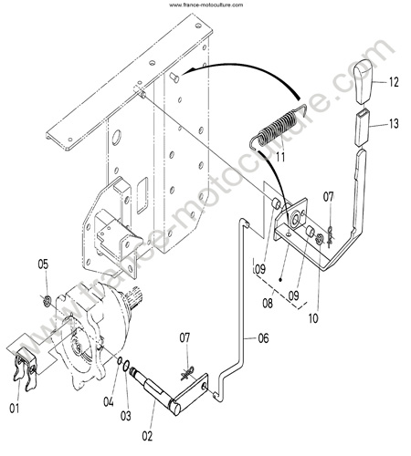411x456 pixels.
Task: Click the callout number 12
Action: [394, 82]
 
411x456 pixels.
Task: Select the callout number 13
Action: [394, 124]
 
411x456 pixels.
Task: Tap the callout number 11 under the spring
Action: [280, 157]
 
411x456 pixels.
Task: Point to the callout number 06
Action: [263, 338]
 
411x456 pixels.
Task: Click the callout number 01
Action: [14, 409]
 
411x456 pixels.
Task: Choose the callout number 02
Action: [147, 436]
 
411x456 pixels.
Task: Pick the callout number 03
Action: [125, 416]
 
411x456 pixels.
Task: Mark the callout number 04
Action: [109, 402]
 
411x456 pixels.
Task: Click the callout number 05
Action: [43, 264]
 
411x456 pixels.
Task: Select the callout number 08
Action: [268, 304]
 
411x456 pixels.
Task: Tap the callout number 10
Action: [313, 318]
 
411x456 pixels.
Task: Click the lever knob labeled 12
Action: [364, 81]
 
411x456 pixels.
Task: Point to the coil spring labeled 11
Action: [278, 127]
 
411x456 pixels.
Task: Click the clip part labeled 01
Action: [26, 368]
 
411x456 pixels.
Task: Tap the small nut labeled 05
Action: [47, 301]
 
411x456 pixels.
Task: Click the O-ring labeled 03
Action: [126, 366]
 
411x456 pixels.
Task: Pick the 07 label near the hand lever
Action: [329, 197]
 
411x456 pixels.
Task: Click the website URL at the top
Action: [206, 5]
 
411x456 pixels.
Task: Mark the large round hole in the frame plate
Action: [116, 138]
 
